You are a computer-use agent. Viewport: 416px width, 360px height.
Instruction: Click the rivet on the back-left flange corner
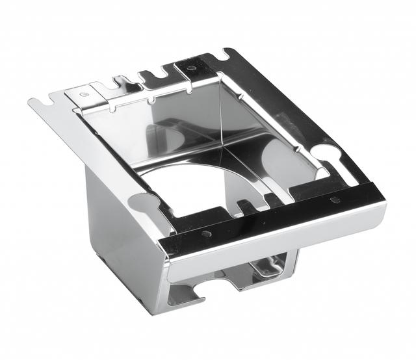(x=84, y=94)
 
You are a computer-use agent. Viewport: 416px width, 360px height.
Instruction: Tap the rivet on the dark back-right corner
(x=194, y=67)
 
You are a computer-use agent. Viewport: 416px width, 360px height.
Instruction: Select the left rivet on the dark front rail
(x=207, y=233)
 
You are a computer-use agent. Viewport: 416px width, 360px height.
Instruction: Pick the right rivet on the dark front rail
(x=335, y=199)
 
